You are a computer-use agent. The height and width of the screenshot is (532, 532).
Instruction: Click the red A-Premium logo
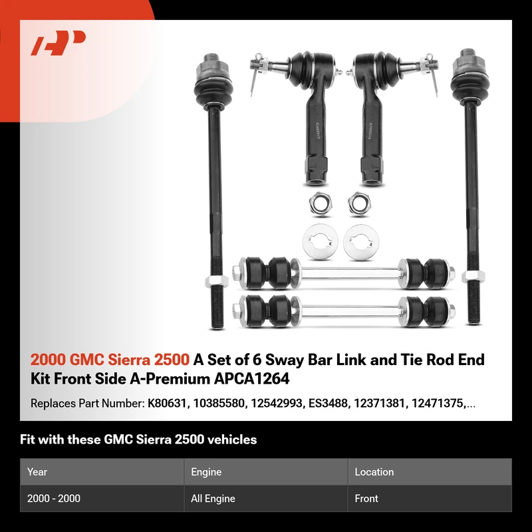click(x=58, y=43)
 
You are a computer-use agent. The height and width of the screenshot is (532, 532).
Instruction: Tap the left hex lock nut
click(x=320, y=203)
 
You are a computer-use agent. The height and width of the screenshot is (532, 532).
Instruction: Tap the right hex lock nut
click(x=359, y=203)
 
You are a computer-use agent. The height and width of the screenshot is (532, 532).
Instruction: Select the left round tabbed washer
click(x=321, y=241)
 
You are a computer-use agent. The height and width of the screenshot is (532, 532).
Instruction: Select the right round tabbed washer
click(x=360, y=242)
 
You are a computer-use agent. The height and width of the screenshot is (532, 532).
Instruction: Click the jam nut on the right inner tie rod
click(x=473, y=277)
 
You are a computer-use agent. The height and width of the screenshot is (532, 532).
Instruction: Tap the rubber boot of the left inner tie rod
click(x=213, y=91)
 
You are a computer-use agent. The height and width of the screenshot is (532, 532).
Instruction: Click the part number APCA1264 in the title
click(x=251, y=378)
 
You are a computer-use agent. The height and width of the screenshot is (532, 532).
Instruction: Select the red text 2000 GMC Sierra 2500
click(x=110, y=360)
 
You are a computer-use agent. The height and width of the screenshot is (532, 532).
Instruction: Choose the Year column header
click(x=37, y=472)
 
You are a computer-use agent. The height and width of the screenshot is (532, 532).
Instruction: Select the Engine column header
click(x=206, y=472)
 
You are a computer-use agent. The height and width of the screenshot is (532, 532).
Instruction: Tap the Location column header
click(x=374, y=472)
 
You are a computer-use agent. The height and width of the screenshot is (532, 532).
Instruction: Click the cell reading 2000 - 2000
click(x=54, y=498)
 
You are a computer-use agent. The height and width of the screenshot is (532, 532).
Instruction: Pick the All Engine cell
click(x=213, y=498)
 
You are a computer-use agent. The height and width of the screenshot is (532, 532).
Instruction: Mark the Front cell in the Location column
click(x=366, y=498)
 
